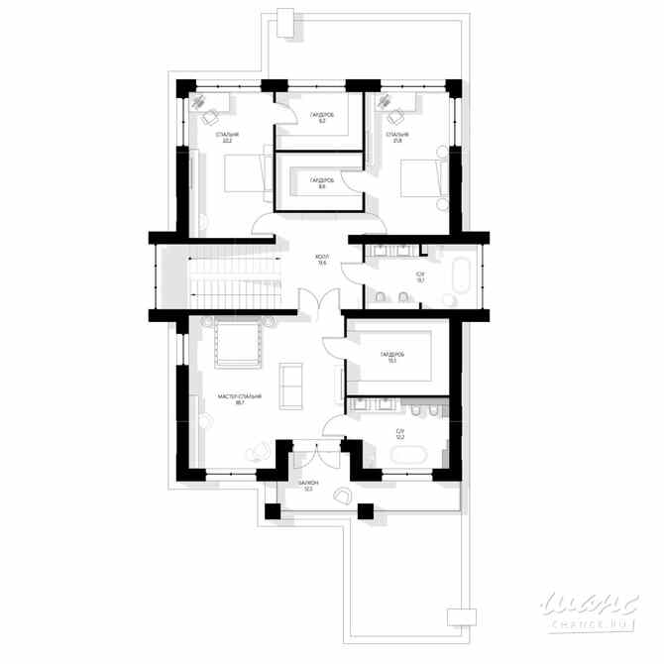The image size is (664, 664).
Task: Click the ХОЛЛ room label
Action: tap(322, 259)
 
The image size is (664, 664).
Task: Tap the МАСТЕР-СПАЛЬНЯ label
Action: tap(240, 399)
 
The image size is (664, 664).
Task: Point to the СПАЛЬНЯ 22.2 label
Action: tap(228, 137)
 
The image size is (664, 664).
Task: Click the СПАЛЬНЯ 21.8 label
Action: tap(398, 137)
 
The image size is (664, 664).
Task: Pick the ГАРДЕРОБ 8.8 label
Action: tap(321, 183)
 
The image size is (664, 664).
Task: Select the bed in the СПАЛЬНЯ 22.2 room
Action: tap(241, 172)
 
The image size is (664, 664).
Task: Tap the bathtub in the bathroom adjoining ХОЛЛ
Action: tap(461, 277)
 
